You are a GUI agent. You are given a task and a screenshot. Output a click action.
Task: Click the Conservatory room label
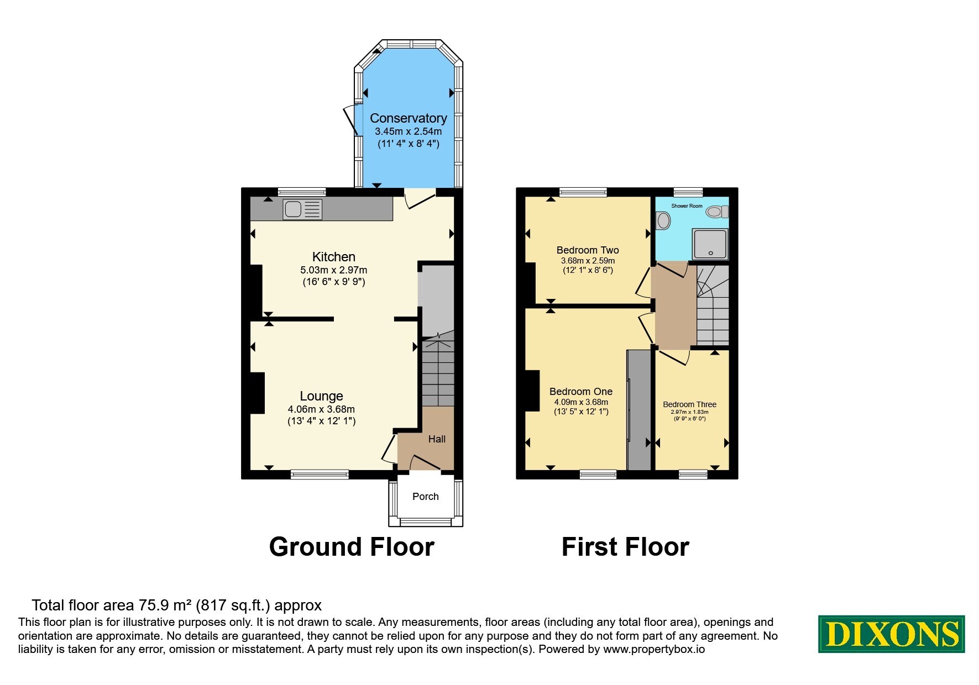click(408, 118)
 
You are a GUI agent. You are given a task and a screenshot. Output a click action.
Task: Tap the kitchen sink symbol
click(302, 209)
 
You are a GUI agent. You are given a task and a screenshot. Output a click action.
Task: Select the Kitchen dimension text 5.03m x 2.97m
click(334, 270)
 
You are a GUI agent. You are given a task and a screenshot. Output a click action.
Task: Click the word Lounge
click(321, 396)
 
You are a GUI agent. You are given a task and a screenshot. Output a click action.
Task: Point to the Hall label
click(437, 439)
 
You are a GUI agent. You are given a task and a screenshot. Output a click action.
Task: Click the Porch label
click(426, 497)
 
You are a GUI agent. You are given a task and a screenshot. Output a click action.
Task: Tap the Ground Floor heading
click(352, 547)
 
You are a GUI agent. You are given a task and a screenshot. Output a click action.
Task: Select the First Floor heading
click(625, 547)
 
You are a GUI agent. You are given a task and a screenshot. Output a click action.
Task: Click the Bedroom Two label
click(588, 250)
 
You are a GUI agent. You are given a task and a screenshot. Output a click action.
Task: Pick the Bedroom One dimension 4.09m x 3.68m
click(581, 402)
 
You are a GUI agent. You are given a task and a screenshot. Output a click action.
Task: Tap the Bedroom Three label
click(689, 404)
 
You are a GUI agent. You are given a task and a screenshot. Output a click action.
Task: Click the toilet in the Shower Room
click(718, 212)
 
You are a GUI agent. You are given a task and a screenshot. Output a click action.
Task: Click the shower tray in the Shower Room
click(710, 244)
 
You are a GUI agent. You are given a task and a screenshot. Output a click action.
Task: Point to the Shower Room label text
click(687, 206)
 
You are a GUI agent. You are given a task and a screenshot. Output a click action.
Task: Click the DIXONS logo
click(891, 634)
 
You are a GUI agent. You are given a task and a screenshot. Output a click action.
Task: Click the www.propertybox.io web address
click(654, 650)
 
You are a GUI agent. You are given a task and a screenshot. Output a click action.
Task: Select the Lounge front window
click(320, 474)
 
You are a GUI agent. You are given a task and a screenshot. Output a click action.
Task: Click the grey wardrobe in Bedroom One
click(639, 409)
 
